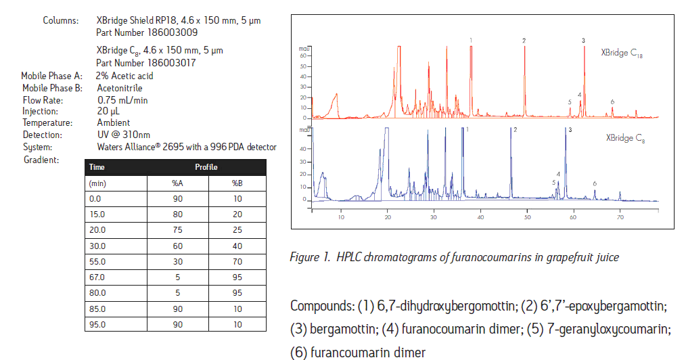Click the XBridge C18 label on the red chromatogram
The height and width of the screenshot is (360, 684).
tap(621, 53)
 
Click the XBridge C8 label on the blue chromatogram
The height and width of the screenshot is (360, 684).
tap(624, 138)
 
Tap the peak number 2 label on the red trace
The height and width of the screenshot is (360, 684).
tap(524, 41)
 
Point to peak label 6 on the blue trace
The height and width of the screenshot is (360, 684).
tap(595, 183)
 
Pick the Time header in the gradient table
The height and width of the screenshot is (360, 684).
tap(97, 167)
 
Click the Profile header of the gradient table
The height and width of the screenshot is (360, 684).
tap(206, 167)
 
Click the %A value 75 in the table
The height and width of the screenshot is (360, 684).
tap(177, 230)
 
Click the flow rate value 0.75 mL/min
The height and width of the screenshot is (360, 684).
tap(122, 99)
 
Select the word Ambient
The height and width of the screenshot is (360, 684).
tap(114, 123)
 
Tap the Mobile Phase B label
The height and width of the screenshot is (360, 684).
tap(52, 88)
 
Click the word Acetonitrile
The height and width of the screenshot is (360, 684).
tap(120, 88)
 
